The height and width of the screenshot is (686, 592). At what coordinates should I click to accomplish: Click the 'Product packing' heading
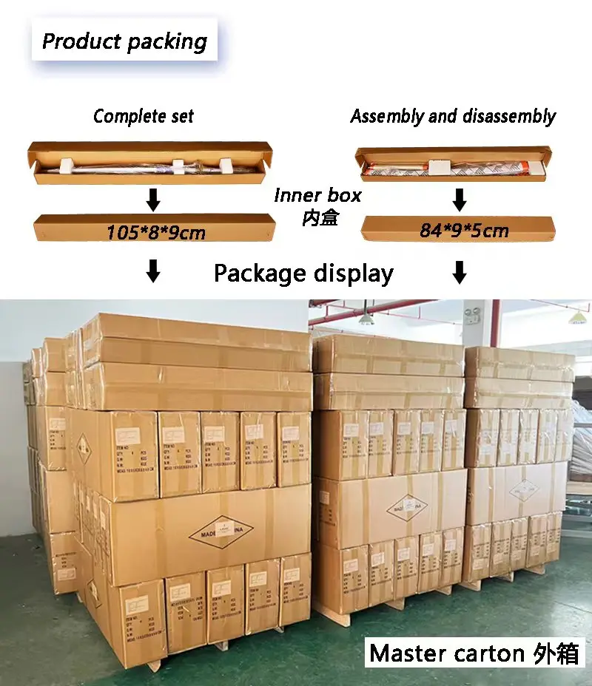124,41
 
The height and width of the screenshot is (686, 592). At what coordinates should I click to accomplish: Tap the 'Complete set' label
144,116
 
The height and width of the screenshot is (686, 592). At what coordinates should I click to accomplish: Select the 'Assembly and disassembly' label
453,116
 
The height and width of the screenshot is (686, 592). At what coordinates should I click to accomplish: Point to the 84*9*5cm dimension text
464,231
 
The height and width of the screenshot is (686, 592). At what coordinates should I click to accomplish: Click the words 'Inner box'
317,195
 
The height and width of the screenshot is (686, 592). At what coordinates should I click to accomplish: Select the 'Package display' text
303,274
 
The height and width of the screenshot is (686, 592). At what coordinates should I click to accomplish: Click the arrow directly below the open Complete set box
153,199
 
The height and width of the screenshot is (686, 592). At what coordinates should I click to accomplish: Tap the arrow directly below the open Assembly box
460,199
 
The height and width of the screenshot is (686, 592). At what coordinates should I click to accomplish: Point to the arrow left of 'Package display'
153,272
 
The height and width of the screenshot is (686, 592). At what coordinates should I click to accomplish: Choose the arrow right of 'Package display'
460,272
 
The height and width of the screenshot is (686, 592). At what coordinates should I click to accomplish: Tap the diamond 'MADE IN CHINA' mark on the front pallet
221,528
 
